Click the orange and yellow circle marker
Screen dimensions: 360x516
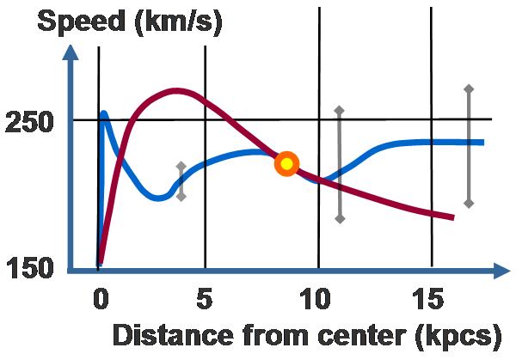[286, 163]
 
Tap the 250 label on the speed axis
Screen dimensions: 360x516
[30, 122]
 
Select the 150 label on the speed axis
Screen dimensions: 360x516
[30, 269]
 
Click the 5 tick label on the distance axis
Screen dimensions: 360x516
[205, 301]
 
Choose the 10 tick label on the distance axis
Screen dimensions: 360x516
[317, 301]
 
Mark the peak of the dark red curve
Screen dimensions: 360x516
[177, 90]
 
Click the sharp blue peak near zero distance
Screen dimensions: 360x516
[104, 113]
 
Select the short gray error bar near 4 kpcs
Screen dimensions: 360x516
[181, 180]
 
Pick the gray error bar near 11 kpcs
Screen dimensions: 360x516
[339, 164]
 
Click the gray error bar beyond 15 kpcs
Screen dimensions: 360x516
[468, 146]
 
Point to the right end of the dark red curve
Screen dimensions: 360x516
[451, 217]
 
